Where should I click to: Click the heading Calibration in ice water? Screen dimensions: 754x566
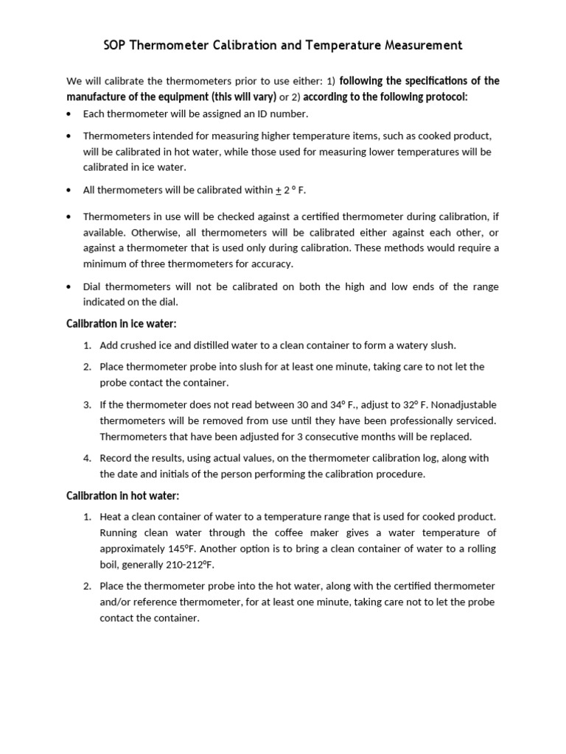[122, 324]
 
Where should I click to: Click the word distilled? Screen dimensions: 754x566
[209, 345]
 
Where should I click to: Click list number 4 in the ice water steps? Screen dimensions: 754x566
[86, 458]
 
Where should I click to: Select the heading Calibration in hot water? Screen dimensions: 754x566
[123, 496]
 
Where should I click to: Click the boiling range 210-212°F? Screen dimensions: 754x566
[181, 564]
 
